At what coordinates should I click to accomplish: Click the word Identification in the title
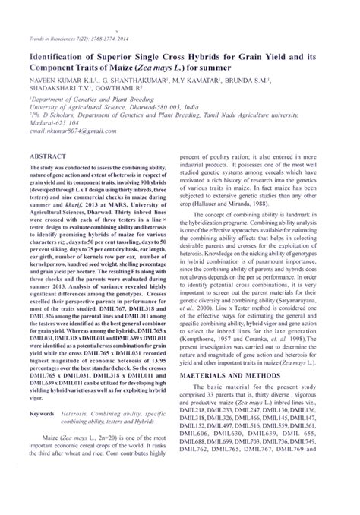click(x=57, y=57)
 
